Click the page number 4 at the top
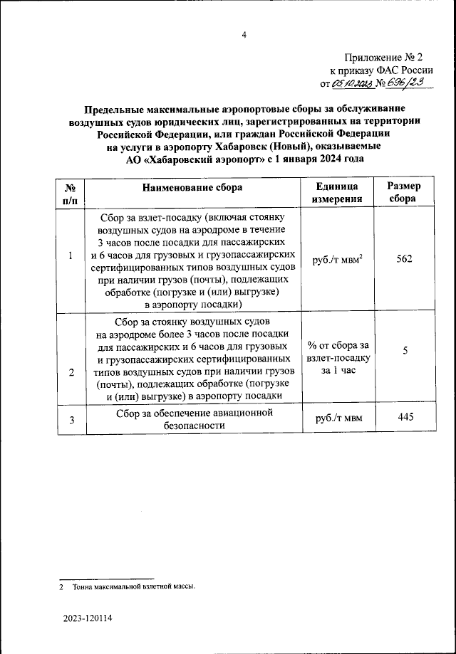click(243, 35)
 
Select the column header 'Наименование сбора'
click(192, 187)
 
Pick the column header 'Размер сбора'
click(404, 193)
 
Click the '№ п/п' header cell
click(71, 193)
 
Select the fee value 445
click(404, 418)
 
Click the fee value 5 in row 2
click(404, 350)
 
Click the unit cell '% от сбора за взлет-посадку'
click(339, 358)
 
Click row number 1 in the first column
click(71, 256)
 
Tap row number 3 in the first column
click(71, 419)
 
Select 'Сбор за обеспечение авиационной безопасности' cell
click(192, 418)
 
